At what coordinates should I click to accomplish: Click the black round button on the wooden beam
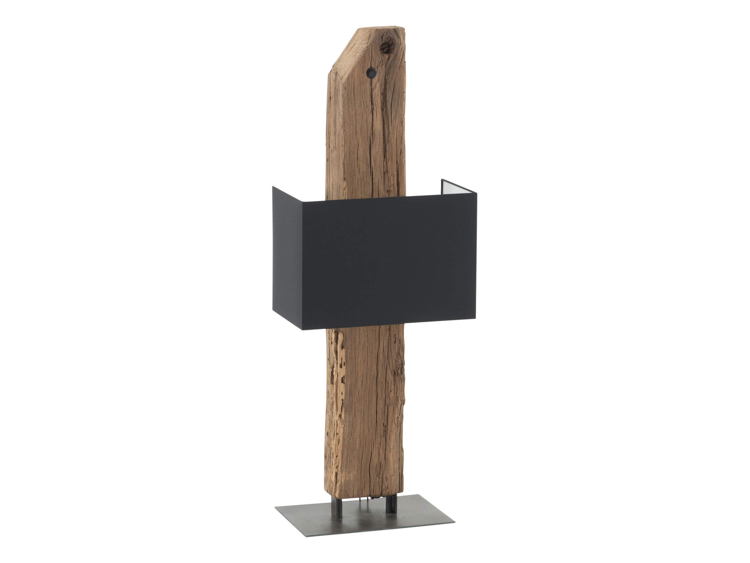click(x=371, y=72)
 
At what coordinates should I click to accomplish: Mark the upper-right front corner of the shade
click(x=476, y=194)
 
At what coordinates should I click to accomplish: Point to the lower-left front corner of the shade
click(x=301, y=329)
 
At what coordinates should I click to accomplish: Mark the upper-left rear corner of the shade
click(x=273, y=187)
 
